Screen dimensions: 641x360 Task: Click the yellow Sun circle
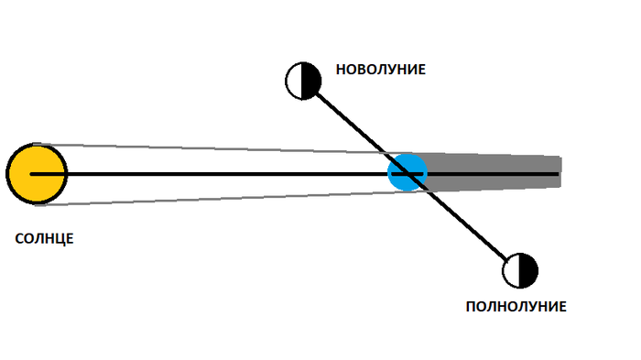[x=37, y=174]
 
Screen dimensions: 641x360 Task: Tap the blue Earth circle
[x=407, y=172]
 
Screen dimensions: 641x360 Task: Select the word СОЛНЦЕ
[x=44, y=238]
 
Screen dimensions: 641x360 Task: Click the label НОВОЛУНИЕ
[x=381, y=70]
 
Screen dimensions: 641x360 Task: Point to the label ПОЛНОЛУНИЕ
[x=516, y=306]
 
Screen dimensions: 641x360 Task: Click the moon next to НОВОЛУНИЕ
[x=303, y=81]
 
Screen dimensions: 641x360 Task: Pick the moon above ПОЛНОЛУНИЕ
[x=520, y=271]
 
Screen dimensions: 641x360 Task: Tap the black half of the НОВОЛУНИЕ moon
[x=311, y=81]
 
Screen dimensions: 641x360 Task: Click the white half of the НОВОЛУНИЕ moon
[x=294, y=81]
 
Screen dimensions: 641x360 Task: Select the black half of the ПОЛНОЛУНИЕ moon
[x=528, y=271]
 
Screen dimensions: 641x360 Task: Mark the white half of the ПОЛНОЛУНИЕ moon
[x=511, y=271]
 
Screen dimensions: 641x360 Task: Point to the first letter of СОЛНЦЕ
[x=19, y=238]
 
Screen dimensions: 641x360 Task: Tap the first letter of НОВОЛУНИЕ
[x=341, y=70]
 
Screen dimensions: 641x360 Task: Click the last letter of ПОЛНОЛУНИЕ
[x=562, y=306]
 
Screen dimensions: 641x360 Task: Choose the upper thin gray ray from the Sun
[x=212, y=148]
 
